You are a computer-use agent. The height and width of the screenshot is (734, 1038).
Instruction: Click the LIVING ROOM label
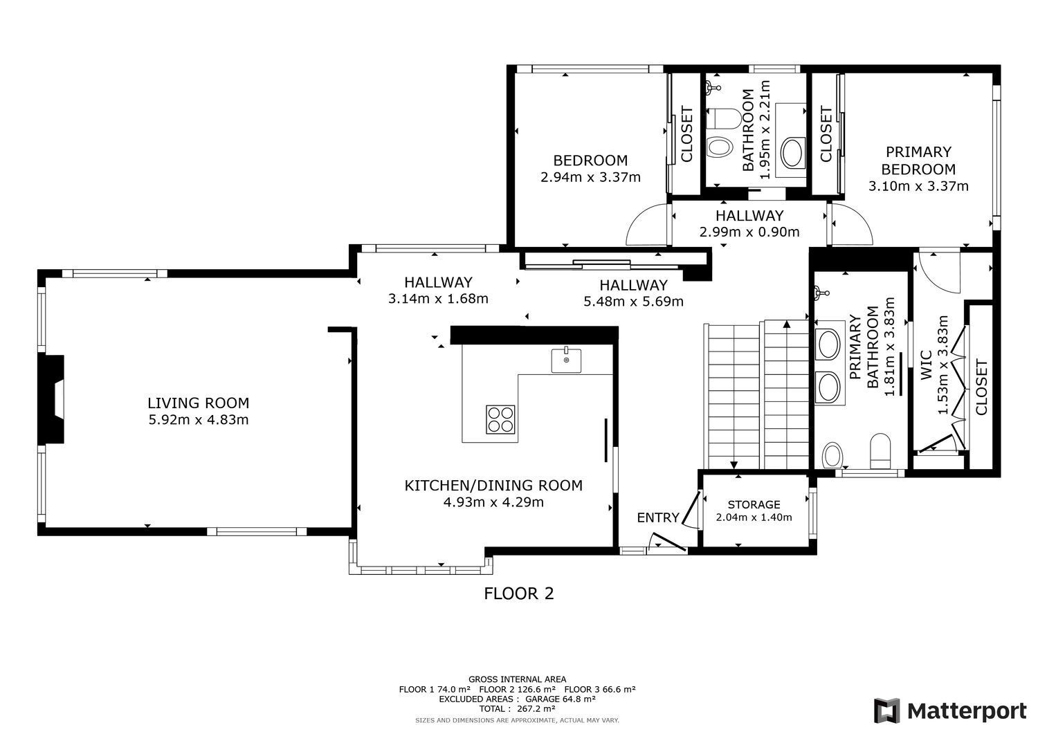pos(199,403)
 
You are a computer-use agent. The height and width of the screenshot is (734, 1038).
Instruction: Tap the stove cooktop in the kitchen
pos(500,419)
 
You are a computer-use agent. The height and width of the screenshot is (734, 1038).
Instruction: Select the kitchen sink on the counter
pos(566,361)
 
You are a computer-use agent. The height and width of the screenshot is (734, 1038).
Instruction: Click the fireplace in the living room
pos(51,399)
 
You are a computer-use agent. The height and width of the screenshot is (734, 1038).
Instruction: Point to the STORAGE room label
pos(754,504)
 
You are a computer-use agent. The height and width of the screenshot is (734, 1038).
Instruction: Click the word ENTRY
pos(658,517)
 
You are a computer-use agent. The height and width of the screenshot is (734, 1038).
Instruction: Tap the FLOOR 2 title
pos(519,594)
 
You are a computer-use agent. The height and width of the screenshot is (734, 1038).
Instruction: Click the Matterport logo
pos(950,711)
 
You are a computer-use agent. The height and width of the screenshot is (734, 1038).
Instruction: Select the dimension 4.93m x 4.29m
pos(493,502)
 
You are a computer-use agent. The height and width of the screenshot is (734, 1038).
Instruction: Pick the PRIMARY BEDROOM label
pos(918,160)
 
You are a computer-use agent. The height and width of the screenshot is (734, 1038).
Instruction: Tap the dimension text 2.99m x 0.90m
pos(749,232)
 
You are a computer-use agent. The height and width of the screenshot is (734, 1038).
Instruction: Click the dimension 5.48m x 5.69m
pos(633,302)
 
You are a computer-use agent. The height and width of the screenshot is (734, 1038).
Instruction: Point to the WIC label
pos(925,366)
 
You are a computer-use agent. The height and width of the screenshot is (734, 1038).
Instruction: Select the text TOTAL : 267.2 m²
pos(517,708)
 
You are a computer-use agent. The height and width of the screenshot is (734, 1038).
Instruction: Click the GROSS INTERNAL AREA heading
pos(517,679)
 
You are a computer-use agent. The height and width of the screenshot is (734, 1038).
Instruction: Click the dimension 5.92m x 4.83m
pos(199,420)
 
